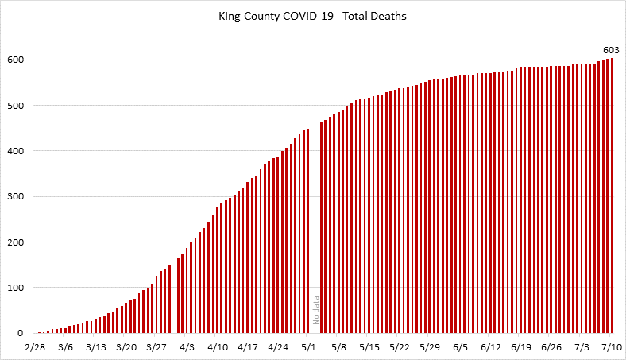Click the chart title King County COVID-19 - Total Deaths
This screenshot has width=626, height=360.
(x=312, y=15)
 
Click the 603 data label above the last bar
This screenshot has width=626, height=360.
(x=612, y=50)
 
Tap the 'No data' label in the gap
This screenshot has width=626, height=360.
(x=315, y=311)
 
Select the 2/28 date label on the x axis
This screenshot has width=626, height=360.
(x=35, y=347)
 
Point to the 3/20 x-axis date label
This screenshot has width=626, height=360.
(x=126, y=347)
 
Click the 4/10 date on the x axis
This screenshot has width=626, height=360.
(x=218, y=347)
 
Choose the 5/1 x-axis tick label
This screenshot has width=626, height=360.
(x=309, y=347)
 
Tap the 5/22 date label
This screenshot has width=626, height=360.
(x=400, y=347)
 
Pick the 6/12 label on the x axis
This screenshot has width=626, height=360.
(x=491, y=347)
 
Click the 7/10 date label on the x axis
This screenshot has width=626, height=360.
(x=612, y=347)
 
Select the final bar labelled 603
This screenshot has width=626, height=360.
(x=612, y=195)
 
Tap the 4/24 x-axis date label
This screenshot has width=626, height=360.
(x=278, y=347)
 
